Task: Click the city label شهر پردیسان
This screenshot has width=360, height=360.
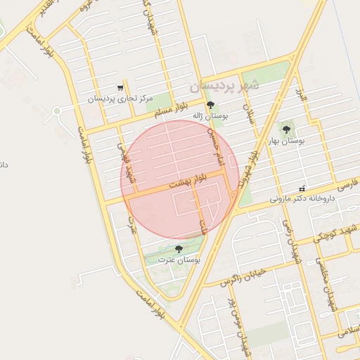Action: point(224,86)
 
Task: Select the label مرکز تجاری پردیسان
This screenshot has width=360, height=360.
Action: point(120,99)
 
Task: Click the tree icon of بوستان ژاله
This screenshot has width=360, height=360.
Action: point(210,105)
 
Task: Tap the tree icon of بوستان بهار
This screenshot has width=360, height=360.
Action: point(285,129)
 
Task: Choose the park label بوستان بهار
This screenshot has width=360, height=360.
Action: point(285,141)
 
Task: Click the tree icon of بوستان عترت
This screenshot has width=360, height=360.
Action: point(179,249)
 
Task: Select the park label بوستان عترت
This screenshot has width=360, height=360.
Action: point(179,260)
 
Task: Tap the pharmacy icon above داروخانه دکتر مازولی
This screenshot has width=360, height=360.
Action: point(302,188)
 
